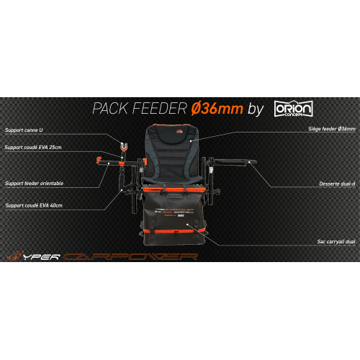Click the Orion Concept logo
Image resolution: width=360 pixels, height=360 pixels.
tap(291, 108)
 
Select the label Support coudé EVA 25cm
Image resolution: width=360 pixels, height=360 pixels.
tap(32, 148)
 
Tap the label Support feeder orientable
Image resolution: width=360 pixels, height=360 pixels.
tap(34, 183)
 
